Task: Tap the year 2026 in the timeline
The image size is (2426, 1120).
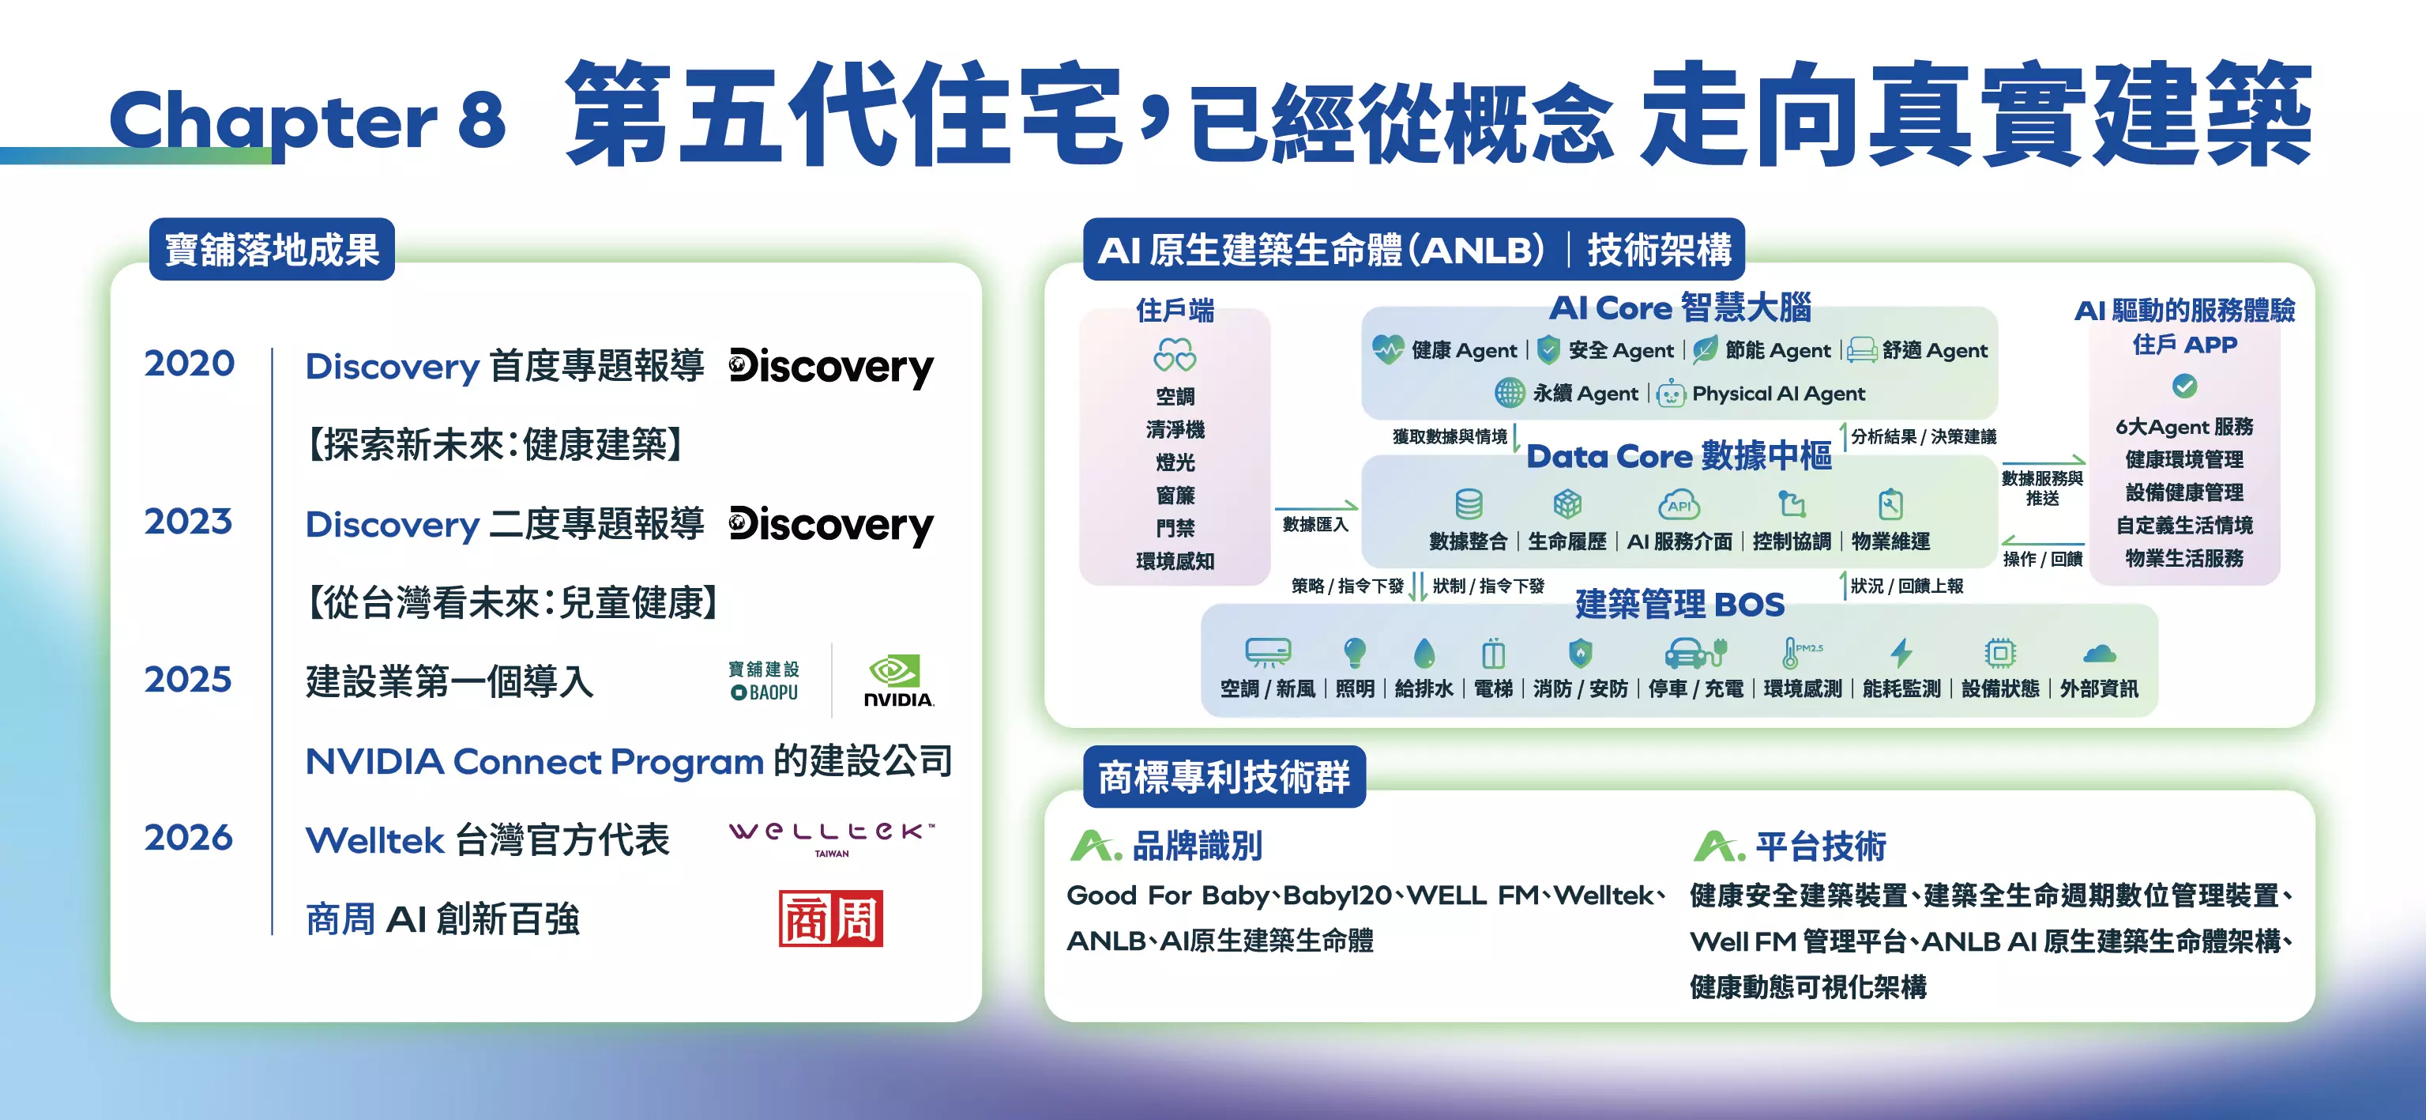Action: point(188,837)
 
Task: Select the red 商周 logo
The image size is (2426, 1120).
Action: point(830,918)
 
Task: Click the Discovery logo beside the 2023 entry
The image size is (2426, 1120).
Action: point(830,526)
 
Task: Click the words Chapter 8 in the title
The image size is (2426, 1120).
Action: point(308,121)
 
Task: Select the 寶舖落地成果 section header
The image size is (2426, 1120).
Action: point(273,250)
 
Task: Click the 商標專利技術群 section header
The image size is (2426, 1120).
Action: point(1224,777)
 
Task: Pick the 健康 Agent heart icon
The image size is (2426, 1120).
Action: point(1387,349)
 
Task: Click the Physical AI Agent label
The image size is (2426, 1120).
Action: point(1778,394)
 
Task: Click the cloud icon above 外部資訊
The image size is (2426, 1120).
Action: point(2099,653)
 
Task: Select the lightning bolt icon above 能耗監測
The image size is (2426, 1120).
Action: point(1901,652)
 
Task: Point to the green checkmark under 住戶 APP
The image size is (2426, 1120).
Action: point(2184,385)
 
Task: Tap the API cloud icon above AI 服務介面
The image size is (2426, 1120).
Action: point(1679,504)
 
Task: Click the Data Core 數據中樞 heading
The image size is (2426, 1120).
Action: point(1679,456)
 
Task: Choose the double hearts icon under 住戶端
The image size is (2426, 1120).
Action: point(1175,355)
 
